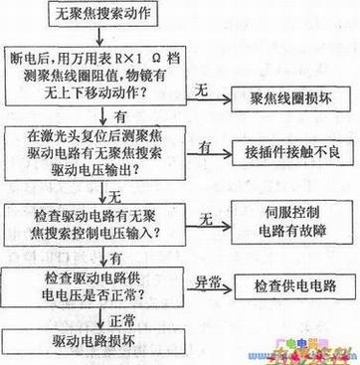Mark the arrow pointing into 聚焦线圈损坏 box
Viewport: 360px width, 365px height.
[x=225, y=98]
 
